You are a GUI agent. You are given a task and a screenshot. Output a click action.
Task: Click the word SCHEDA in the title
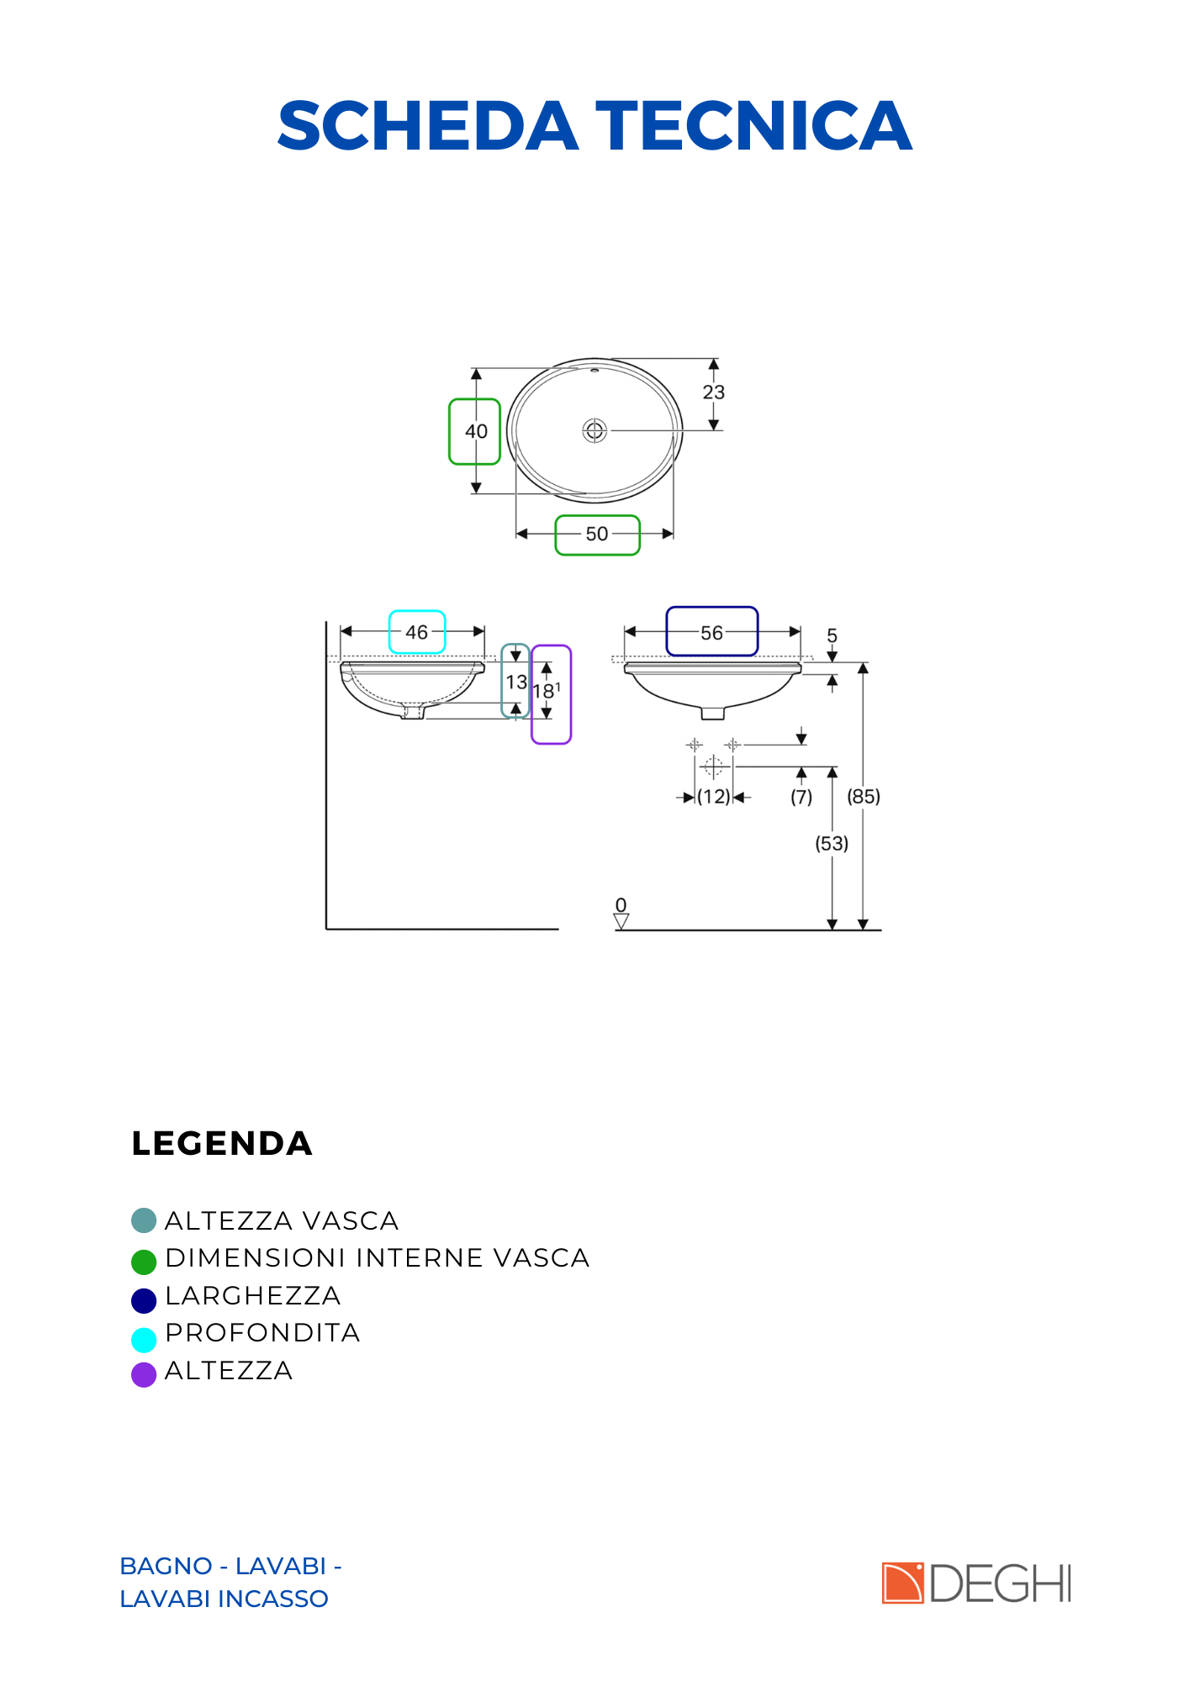427,126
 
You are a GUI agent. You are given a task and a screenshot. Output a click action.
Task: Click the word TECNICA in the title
754,126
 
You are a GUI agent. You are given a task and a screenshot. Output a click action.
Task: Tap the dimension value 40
476,431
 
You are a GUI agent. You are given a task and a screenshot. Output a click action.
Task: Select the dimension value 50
597,534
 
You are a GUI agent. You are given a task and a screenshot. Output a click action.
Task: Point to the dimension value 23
714,393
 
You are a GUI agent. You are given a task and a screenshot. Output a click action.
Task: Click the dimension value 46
417,632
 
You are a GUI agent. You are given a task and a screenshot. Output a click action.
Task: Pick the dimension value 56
712,633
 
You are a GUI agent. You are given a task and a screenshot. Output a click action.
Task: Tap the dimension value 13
516,682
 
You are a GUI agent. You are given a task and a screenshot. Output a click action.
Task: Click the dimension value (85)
864,796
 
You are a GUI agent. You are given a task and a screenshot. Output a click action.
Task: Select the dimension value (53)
832,843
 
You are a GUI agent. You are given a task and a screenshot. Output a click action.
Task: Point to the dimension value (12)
714,797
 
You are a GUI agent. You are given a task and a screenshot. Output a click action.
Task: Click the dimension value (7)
801,797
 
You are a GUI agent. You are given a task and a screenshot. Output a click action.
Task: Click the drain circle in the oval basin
595,431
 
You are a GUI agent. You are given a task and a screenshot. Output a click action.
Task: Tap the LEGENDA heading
222,1144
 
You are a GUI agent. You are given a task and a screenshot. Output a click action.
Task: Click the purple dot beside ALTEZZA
144,1375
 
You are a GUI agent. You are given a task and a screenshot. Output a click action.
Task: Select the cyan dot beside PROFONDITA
144,1339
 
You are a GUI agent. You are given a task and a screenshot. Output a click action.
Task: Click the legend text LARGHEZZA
253,1296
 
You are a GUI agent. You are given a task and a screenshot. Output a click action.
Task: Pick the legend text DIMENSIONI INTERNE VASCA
378,1258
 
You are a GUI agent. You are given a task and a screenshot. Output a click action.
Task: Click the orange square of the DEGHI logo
903,1584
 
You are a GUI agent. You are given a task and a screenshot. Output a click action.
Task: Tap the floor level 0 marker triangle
621,921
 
